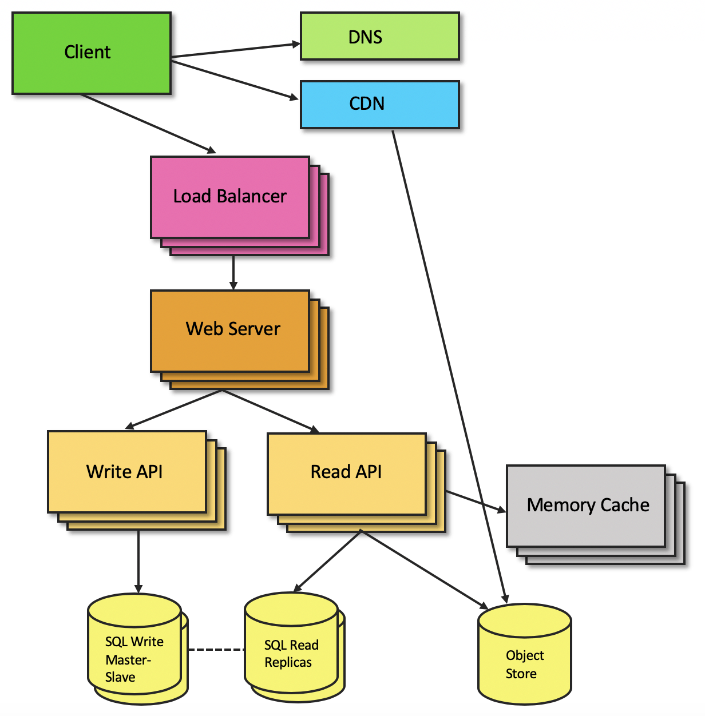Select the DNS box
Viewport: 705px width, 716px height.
(x=379, y=37)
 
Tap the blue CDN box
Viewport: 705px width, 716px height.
(x=379, y=104)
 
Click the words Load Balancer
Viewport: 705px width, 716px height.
(x=229, y=197)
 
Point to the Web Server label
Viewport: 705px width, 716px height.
(x=233, y=329)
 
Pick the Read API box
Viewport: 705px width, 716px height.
(x=346, y=472)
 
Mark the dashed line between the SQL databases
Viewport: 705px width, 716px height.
(x=216, y=650)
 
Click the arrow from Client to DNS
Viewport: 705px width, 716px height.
(x=235, y=50)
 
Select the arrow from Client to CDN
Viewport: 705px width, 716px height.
(x=235, y=80)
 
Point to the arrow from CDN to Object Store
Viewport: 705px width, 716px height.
(x=449, y=366)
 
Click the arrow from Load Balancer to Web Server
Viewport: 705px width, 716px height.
(x=233, y=273)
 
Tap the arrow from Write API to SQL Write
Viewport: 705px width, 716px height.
(x=138, y=560)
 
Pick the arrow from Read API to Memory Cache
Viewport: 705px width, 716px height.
(x=475, y=501)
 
